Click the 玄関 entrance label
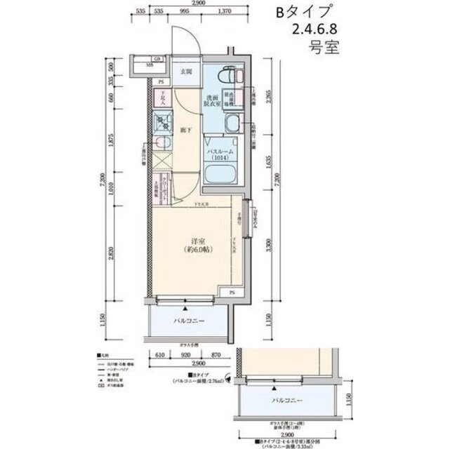[187, 72]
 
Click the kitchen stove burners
[162, 125]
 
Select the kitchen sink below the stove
[161, 145]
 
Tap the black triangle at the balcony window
[185, 307]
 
